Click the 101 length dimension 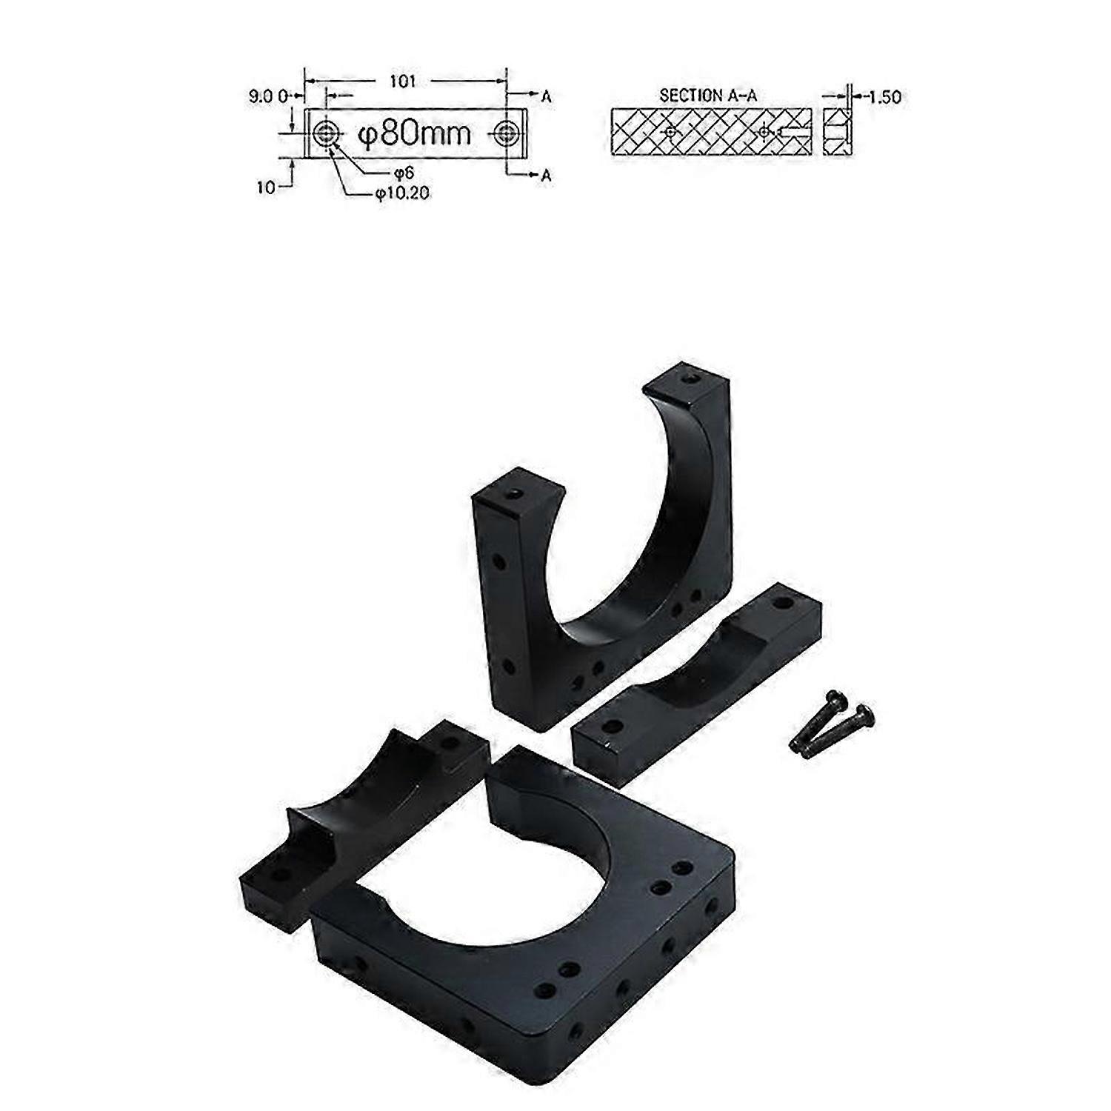[x=403, y=81]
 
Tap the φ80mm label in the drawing [x=414, y=134]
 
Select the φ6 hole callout [x=404, y=173]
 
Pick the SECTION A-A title [x=707, y=96]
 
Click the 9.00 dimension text [x=267, y=96]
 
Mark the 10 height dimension [x=265, y=187]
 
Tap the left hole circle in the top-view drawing [x=324, y=134]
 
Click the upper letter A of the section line [x=547, y=96]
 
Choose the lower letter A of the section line [x=547, y=175]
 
